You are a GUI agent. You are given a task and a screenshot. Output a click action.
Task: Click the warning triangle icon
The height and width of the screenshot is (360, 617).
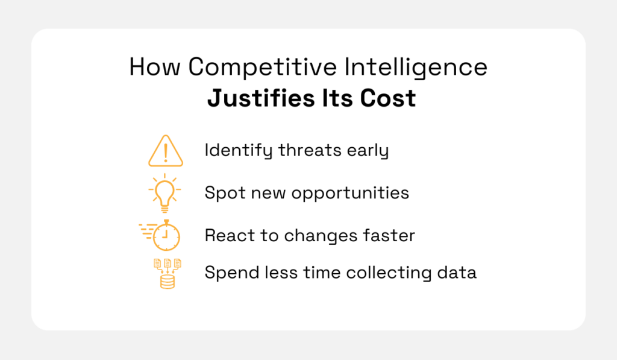[x=166, y=150]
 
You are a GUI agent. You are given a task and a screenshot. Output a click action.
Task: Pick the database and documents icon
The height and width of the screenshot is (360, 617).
[x=167, y=273]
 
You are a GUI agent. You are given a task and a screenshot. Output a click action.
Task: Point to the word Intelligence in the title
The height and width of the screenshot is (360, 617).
[x=416, y=68]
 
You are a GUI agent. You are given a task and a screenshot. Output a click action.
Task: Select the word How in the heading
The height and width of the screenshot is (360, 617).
[x=155, y=68]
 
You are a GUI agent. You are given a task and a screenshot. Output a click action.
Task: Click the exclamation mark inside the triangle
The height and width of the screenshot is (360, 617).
[x=166, y=152]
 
